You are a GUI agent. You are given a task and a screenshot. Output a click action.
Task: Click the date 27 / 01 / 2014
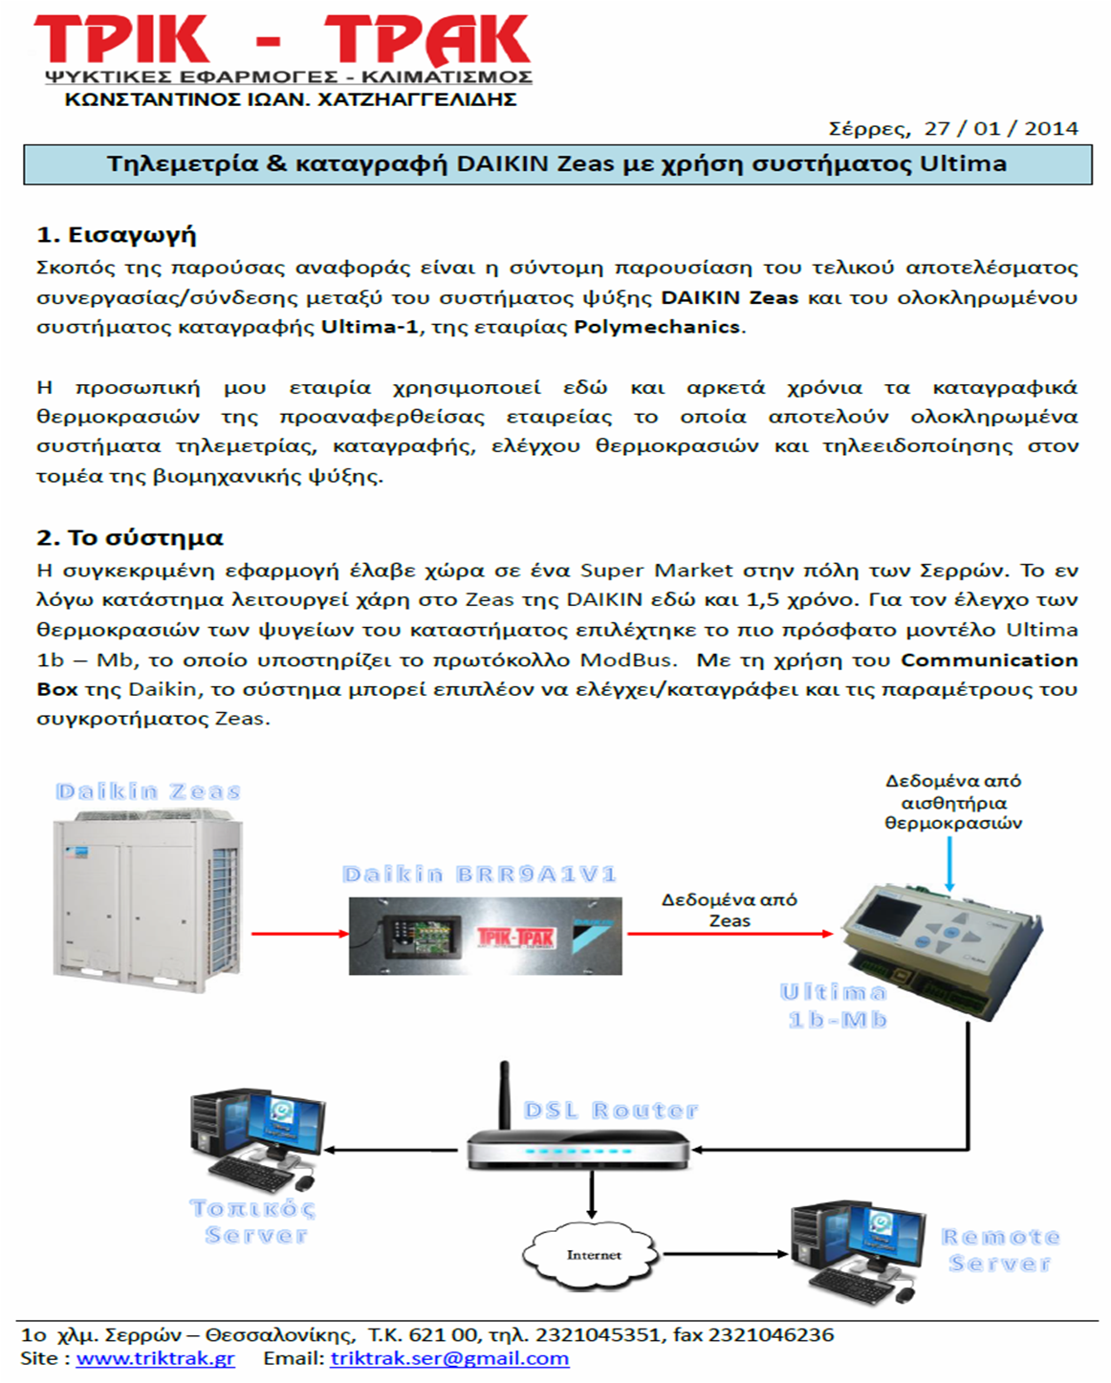[1001, 129]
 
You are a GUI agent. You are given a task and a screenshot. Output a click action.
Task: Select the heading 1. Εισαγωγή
[116, 235]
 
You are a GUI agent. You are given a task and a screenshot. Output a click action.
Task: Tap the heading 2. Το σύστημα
[130, 538]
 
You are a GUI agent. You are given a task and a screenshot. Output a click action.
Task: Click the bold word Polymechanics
[657, 327]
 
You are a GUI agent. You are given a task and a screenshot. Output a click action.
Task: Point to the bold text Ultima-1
[369, 327]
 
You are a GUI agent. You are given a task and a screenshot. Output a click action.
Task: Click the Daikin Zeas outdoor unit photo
[148, 894]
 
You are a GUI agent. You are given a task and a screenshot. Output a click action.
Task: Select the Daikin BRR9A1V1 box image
[485, 936]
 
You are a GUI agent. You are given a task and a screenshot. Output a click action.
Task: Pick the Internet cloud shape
[592, 1254]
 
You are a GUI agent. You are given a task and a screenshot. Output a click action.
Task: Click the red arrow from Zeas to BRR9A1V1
[299, 934]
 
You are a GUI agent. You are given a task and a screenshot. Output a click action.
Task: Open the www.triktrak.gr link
[155, 1359]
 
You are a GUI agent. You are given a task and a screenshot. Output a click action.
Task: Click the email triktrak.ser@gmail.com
[449, 1359]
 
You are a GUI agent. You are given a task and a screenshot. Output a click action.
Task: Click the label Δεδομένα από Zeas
[730, 910]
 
